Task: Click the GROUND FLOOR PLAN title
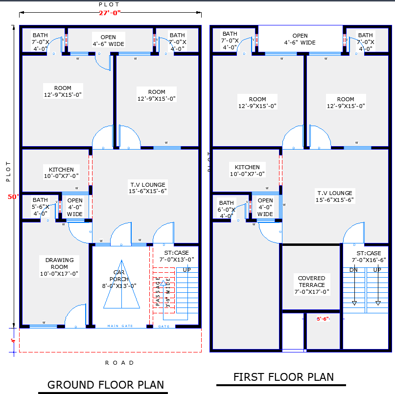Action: click(x=105, y=385)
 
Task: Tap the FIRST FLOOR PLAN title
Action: click(x=283, y=377)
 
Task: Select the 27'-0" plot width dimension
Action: click(x=110, y=13)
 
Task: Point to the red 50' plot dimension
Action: click(x=13, y=197)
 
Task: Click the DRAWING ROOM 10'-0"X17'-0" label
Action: click(x=60, y=267)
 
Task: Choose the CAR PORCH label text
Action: click(x=119, y=279)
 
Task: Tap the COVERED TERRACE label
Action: click(x=312, y=285)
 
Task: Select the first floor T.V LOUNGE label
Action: click(x=334, y=196)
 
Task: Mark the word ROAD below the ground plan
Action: click(x=119, y=363)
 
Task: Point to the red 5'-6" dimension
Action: click(x=323, y=319)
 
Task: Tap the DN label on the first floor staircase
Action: click(x=354, y=270)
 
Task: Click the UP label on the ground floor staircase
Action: click(x=186, y=270)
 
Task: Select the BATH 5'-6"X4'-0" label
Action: click(x=40, y=206)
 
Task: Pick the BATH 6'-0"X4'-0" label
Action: click(x=227, y=209)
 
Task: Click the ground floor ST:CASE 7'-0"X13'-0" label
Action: click(x=176, y=256)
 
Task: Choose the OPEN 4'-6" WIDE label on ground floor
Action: click(x=108, y=40)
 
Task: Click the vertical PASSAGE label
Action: click(x=158, y=292)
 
